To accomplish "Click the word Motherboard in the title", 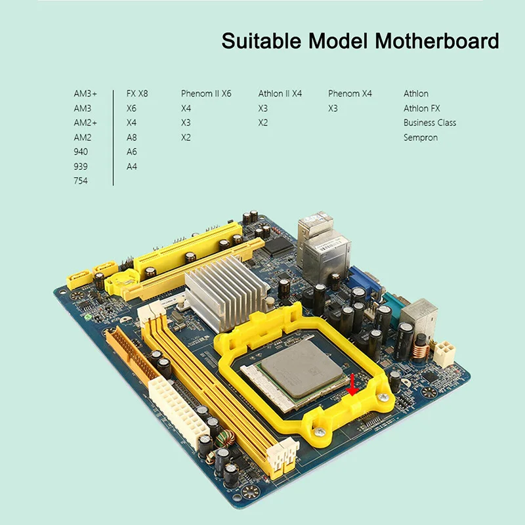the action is (x=437, y=41).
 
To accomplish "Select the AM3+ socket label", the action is (x=85, y=93).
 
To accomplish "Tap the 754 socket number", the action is (x=81, y=181).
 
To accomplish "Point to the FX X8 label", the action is (x=137, y=93).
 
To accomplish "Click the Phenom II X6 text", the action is (x=206, y=93).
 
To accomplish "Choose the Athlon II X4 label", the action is (x=280, y=93).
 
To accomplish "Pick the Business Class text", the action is (x=430, y=123).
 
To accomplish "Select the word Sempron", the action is (x=421, y=138).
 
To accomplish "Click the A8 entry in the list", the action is (x=132, y=137).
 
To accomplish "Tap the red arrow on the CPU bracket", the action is (x=352, y=385).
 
